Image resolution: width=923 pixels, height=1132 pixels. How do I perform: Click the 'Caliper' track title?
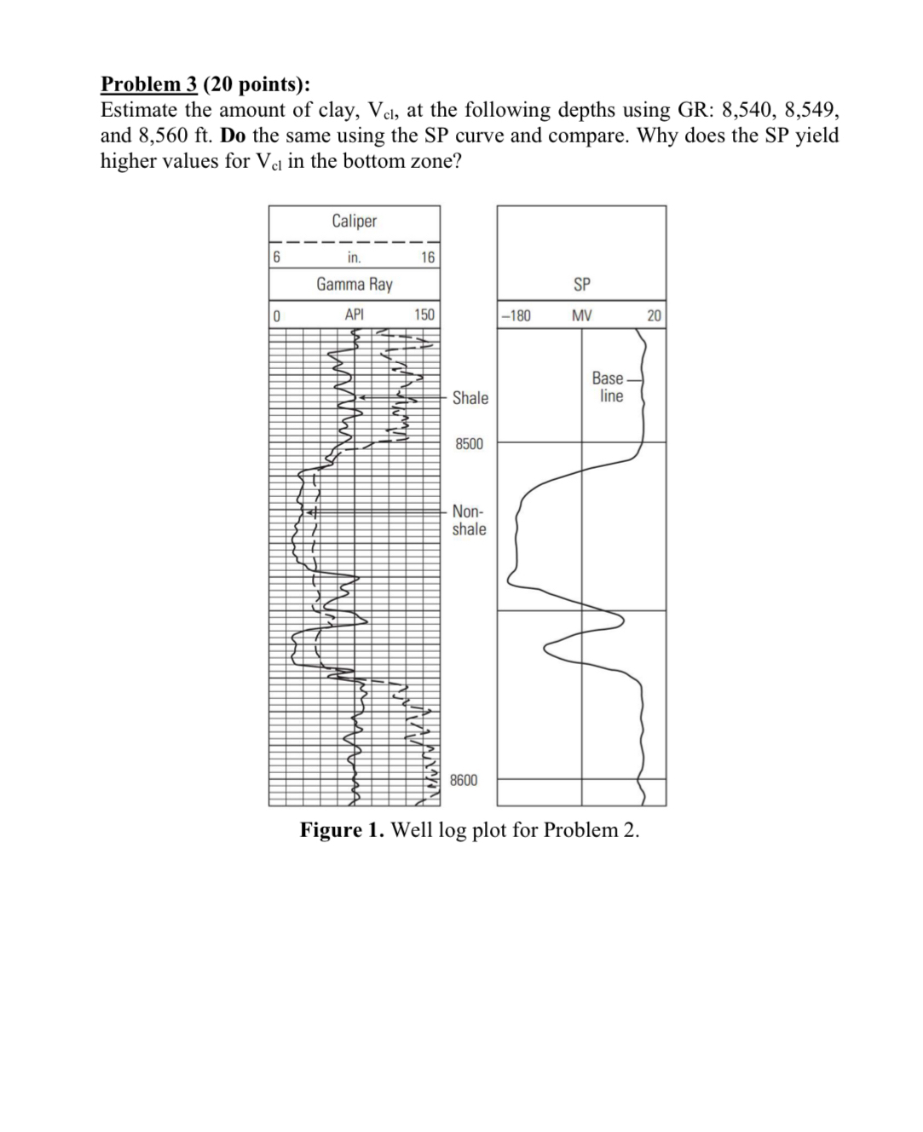(x=354, y=221)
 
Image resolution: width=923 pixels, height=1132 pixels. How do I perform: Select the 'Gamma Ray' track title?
(x=354, y=284)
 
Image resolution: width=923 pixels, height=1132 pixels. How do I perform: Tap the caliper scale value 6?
(x=276, y=257)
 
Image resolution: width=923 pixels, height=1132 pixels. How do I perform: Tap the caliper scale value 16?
(x=428, y=257)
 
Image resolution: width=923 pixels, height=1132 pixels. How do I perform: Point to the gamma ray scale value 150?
(x=424, y=315)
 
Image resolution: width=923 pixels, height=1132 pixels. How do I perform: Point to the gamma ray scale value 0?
(x=276, y=315)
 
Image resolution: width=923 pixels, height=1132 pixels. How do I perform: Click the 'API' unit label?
(x=354, y=315)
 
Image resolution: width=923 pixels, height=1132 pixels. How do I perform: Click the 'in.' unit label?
(x=354, y=257)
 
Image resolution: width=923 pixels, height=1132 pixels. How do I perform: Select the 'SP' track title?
(x=581, y=284)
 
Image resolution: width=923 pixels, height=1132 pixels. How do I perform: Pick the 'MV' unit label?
(x=581, y=315)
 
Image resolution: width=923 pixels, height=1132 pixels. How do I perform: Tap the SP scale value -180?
(x=516, y=315)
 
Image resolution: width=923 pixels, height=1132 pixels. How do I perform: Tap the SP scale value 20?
(x=654, y=315)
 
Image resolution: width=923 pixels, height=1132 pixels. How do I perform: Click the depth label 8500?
(x=469, y=444)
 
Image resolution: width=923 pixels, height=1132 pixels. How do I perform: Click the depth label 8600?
(x=464, y=780)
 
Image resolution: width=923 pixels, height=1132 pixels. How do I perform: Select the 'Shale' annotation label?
(x=470, y=398)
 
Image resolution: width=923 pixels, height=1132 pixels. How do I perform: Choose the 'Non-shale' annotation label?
(x=469, y=520)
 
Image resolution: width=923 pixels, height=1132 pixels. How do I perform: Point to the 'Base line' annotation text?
(x=609, y=387)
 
